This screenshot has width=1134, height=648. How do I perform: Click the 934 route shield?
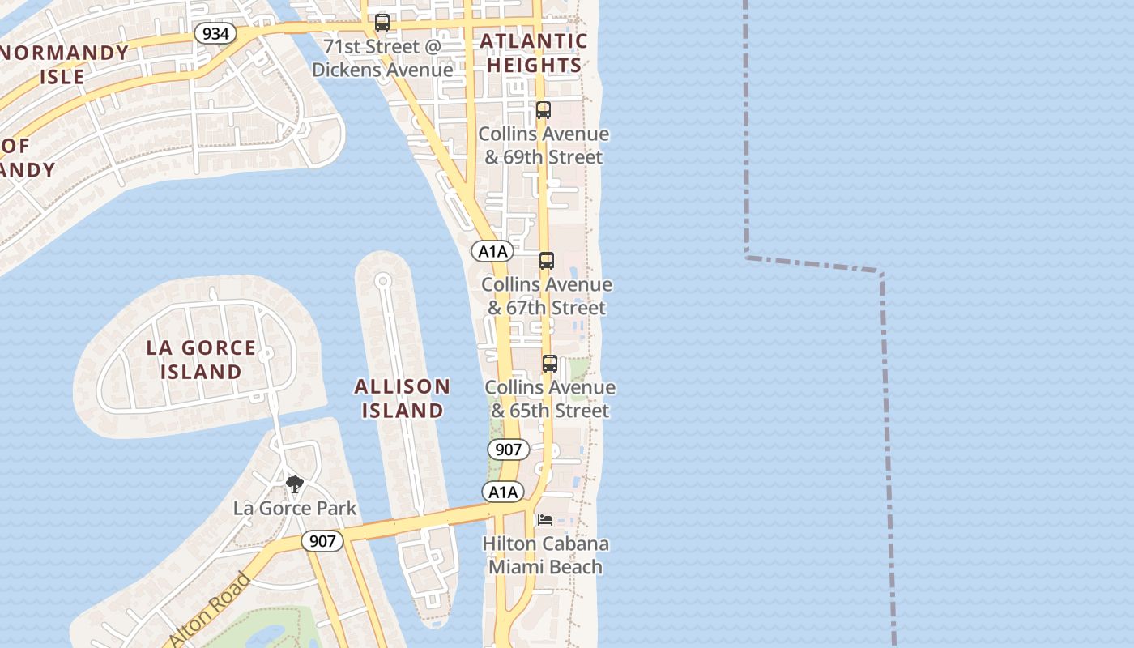[x=215, y=33]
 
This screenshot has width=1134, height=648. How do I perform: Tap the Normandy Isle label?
[x=63, y=65]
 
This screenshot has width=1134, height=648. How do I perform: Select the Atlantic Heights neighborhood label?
[x=534, y=53]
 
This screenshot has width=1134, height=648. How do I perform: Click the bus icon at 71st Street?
[x=382, y=23]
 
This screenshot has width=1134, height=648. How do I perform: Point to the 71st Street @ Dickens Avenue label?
[x=382, y=58]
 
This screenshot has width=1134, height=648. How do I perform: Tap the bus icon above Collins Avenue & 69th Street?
[x=543, y=110]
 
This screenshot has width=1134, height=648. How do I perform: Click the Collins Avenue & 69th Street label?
[x=544, y=145]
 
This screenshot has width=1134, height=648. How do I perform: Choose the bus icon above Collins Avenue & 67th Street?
[x=547, y=261]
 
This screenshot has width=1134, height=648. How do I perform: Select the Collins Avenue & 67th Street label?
[x=547, y=296]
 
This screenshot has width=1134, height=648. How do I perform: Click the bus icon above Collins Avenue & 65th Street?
[x=550, y=364]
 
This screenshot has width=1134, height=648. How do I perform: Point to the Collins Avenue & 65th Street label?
[x=550, y=399]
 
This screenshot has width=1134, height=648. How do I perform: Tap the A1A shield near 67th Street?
[x=492, y=251]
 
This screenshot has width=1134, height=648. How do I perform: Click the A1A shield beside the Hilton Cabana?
[x=503, y=492]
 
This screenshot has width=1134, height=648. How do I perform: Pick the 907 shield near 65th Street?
[x=509, y=449]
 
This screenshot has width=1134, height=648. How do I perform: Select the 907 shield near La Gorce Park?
[x=322, y=541]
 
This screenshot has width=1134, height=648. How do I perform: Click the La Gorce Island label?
[x=201, y=360]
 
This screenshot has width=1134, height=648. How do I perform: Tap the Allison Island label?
[x=403, y=398]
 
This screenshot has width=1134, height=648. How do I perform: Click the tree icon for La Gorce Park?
[x=295, y=484]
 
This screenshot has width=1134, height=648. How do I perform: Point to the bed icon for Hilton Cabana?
[x=546, y=519]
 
